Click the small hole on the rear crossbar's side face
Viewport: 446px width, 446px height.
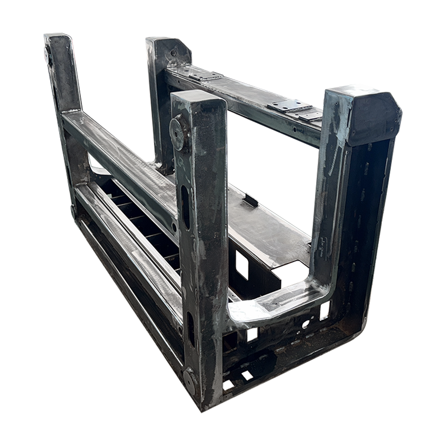(x=294, y=131)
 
